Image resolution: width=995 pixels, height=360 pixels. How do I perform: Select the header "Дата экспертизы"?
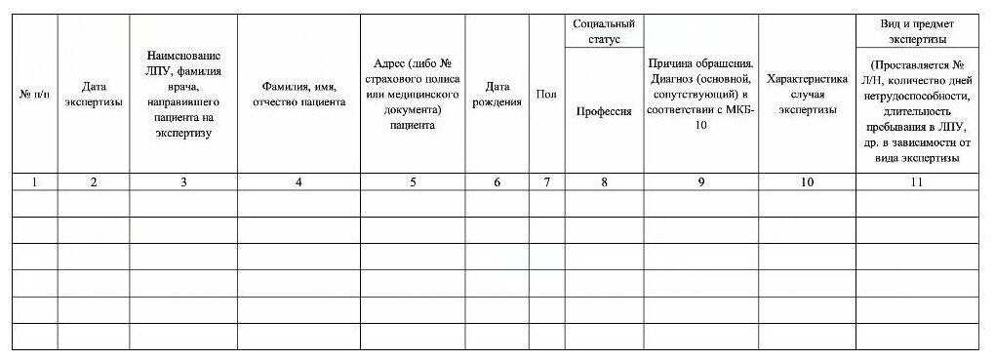pos(93,94)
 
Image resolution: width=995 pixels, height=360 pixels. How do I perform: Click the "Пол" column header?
pos(546,94)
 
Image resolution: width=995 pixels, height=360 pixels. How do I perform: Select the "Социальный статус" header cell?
pos(604,30)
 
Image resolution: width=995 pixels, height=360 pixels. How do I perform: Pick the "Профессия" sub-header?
pos(604,111)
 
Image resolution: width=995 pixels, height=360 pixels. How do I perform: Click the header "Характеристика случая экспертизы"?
pos(808,94)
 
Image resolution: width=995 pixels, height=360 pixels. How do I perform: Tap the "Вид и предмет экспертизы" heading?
pos(917,30)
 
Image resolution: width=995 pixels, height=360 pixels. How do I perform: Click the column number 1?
pos(35,181)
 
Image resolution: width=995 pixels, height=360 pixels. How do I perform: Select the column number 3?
pos(183,181)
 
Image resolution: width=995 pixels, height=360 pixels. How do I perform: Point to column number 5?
pos(413,181)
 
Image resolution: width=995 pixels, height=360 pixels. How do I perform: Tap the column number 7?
pos(546,181)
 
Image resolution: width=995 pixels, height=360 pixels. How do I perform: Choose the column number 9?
pos(701,181)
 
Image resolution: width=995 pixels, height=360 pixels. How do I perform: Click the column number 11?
pos(917,181)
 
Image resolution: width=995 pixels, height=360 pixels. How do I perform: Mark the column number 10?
pos(808,181)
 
